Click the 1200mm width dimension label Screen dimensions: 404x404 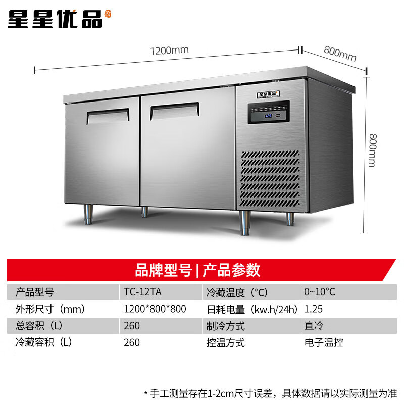point(169,50)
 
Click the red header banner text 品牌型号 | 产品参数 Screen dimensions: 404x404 point(197,270)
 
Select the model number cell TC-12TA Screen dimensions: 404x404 point(142,292)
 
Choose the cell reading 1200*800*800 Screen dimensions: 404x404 point(155,309)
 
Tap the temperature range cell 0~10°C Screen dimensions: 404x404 point(319,292)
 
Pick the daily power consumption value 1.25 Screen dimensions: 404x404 point(312,309)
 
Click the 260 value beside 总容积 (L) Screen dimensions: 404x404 point(132,326)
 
